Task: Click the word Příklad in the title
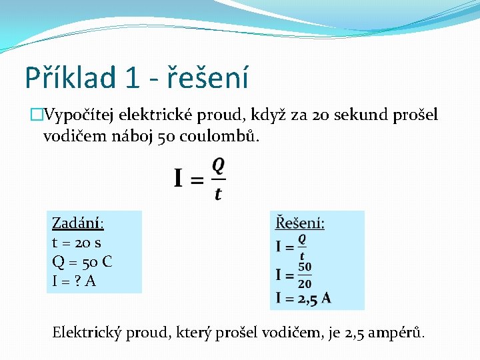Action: click(x=69, y=77)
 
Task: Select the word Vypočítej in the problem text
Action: click(x=80, y=115)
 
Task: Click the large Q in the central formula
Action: click(x=218, y=165)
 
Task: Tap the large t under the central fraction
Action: click(x=218, y=194)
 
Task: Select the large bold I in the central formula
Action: click(x=179, y=179)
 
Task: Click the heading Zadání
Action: click(x=77, y=223)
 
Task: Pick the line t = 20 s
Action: click(x=77, y=243)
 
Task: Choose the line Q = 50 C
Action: click(x=81, y=261)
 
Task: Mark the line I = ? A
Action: click(x=74, y=281)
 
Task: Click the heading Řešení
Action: click(x=300, y=223)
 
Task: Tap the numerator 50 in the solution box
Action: click(x=305, y=267)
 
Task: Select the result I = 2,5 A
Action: click(x=303, y=299)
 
